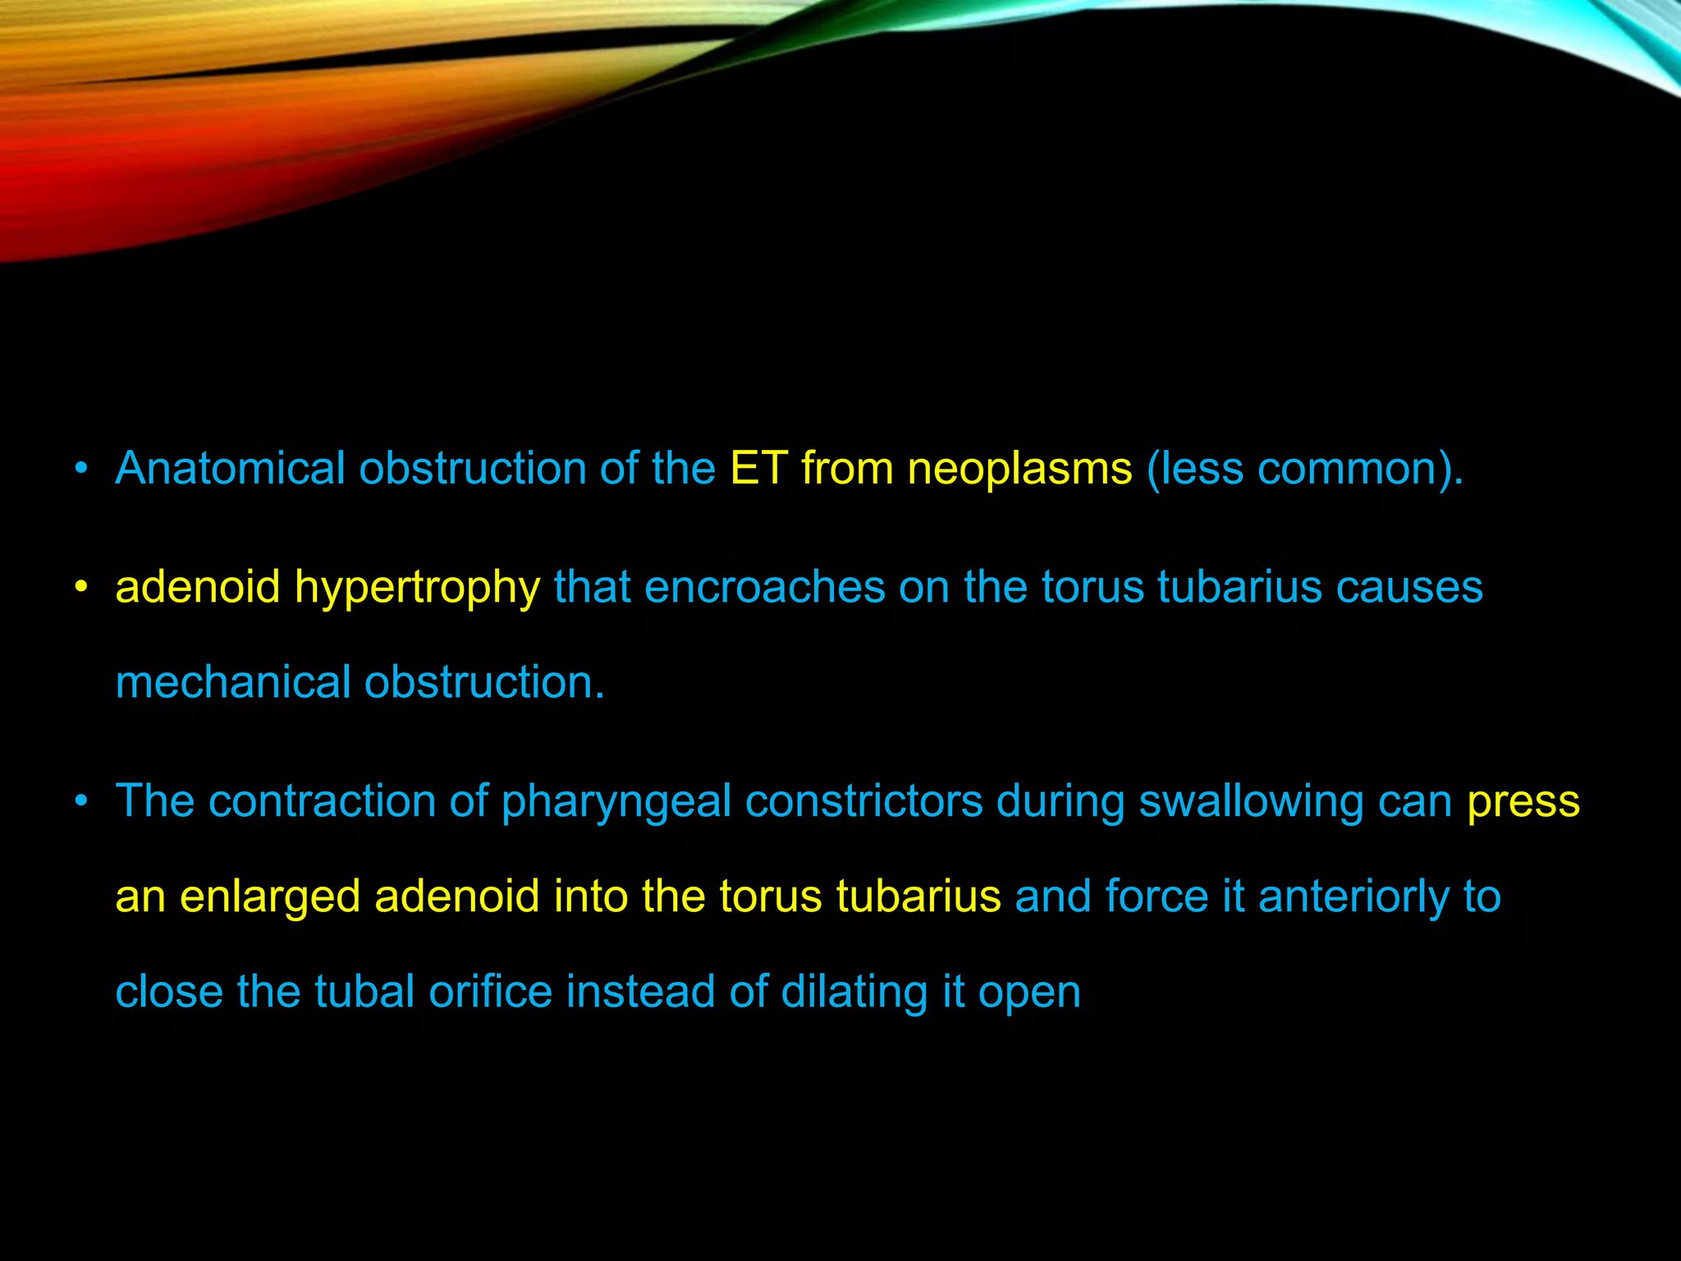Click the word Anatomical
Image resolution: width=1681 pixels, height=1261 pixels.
(x=230, y=469)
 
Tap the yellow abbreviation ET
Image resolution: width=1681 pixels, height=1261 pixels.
(x=758, y=469)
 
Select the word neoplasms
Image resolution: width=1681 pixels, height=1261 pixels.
(x=1019, y=469)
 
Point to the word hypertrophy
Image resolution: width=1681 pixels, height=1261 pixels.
(x=417, y=588)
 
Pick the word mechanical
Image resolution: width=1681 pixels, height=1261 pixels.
(x=233, y=683)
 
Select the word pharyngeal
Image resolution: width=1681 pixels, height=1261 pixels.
(x=616, y=801)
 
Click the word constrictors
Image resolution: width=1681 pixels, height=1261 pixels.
(x=863, y=801)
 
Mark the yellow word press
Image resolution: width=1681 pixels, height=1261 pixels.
(x=1523, y=801)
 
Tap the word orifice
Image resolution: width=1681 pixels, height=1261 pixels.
(x=490, y=992)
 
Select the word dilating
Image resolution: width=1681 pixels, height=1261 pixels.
(x=854, y=992)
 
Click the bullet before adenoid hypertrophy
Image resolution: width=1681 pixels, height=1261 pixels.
(x=80, y=588)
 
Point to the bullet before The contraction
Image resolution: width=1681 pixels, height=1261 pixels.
(x=80, y=801)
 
